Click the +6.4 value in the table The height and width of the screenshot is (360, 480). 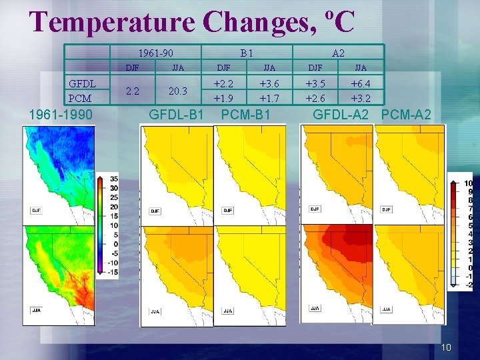[x=361, y=83]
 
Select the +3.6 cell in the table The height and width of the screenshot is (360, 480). [x=269, y=83]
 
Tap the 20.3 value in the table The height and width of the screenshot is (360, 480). [x=178, y=91]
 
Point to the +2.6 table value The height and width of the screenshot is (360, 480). [x=315, y=98]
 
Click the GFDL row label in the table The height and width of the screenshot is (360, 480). [x=83, y=84]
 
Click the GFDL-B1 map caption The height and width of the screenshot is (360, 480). [x=176, y=115]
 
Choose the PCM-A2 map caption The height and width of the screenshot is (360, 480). [x=406, y=115]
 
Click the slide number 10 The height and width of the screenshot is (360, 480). [x=446, y=347]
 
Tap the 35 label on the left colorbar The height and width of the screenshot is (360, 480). [x=114, y=179]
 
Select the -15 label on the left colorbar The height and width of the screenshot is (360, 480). [x=113, y=271]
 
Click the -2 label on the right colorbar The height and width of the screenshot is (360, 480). [x=469, y=285]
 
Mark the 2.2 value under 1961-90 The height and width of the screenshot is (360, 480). [x=133, y=91]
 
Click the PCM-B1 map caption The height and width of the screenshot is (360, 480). [x=245, y=115]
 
